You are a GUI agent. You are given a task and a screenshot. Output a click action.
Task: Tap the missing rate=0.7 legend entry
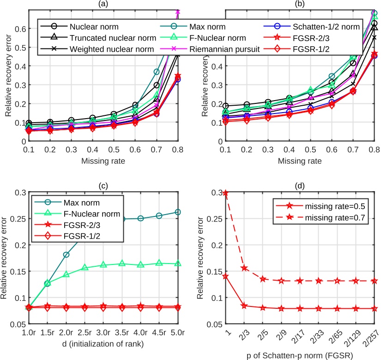click(x=328, y=217)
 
